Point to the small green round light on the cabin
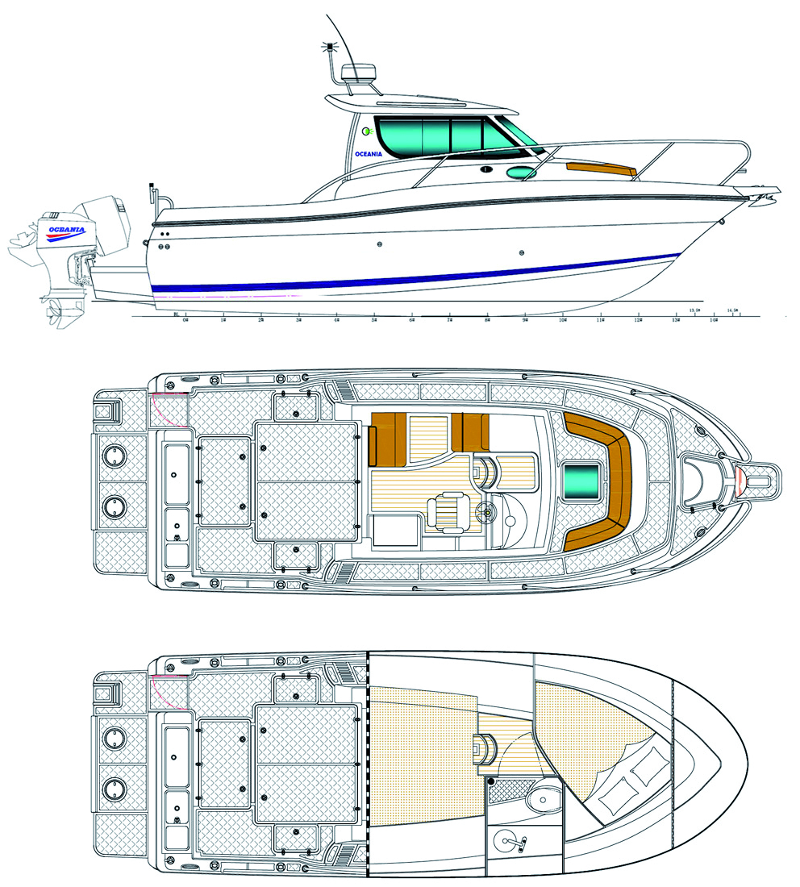coord(366,131)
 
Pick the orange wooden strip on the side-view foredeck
coord(601,169)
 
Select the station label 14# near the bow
coord(714,320)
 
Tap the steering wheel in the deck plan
coord(488,510)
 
